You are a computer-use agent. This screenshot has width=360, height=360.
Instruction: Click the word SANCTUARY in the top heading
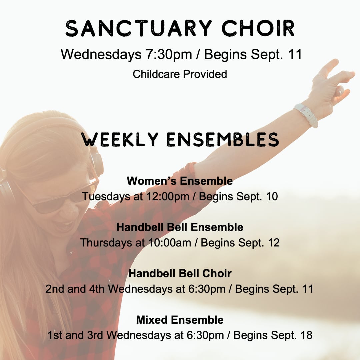pyautogui.click(x=138, y=28)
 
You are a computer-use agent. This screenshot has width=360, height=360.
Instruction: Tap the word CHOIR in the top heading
pyautogui.click(x=258, y=28)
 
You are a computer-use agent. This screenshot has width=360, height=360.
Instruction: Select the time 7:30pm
pyautogui.click(x=169, y=55)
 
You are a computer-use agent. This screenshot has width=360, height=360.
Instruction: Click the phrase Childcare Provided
pyautogui.click(x=180, y=74)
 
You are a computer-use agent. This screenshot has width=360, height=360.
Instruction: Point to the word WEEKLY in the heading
pyautogui.click(x=120, y=139)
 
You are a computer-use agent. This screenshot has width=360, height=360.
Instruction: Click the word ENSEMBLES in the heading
pyautogui.click(x=223, y=139)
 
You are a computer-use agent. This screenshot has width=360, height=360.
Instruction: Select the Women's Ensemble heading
pyautogui.click(x=180, y=181)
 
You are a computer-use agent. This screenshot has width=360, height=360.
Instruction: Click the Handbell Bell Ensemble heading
pyautogui.click(x=180, y=227)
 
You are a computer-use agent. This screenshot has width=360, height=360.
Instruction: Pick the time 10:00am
pyautogui.click(x=170, y=243)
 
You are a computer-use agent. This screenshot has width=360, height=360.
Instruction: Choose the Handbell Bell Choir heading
pyautogui.click(x=180, y=273)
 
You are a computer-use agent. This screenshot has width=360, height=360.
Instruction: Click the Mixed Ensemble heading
pyautogui.click(x=180, y=320)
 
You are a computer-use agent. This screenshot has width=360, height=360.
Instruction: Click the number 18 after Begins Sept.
pyautogui.click(x=306, y=335)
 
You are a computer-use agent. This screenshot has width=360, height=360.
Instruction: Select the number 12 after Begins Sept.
pyautogui.click(x=274, y=243)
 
